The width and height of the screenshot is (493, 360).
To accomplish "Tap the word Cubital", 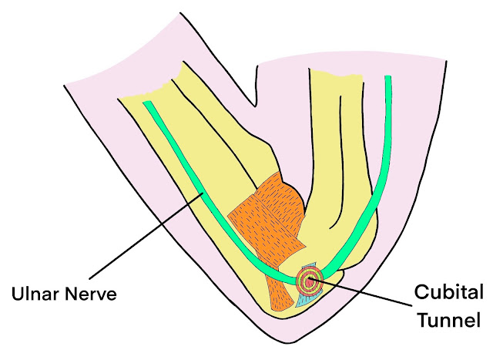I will [449, 294].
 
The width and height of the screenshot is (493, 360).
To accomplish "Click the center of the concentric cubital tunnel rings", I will [309, 281].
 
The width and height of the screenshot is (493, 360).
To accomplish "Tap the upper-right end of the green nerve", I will [388, 79].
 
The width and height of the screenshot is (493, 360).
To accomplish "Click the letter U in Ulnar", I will [16, 295].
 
